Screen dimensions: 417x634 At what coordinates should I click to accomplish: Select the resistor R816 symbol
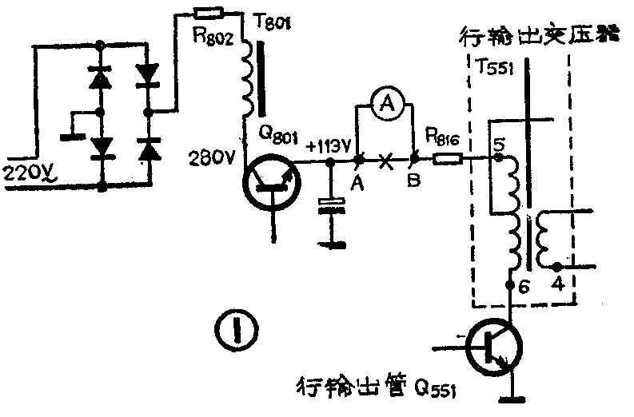tap(447, 160)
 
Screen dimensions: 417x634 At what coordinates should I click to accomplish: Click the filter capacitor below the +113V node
tap(329, 206)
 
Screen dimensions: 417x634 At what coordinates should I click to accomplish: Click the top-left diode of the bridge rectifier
tap(100, 77)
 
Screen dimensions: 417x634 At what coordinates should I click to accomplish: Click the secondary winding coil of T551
tap(548, 239)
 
